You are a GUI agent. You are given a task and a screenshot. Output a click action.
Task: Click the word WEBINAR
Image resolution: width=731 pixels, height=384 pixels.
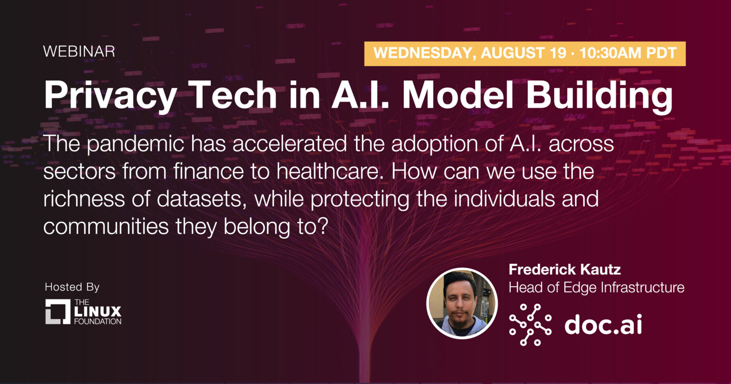coord(79,52)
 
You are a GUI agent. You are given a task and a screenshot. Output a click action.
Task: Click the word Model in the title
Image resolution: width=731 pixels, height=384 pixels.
coord(458,95)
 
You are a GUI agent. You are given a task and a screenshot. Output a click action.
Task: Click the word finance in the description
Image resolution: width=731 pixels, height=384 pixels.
coord(208,171)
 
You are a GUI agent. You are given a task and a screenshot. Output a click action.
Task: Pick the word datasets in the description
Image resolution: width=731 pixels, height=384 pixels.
coord(201,199)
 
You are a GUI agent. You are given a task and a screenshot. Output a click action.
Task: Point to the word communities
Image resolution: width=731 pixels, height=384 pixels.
coord(106,226)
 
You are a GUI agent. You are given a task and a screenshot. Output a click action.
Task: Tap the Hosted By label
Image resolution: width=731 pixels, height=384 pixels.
coord(72,288)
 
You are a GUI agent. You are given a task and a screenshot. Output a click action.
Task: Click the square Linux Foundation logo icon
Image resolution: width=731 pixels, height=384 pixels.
coord(58,312)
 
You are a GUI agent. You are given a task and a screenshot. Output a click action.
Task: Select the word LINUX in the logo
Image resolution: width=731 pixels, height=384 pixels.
coord(98,312)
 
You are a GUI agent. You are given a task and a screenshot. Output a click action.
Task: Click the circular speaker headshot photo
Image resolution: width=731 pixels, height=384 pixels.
coord(462,304)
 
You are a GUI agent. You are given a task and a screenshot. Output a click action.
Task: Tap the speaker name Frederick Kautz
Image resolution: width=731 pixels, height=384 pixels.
coord(565,269)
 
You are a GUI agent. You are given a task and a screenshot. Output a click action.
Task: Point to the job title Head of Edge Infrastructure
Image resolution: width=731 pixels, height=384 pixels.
coord(597,288)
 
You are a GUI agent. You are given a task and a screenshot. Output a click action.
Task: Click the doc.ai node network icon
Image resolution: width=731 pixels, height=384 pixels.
coord(530,325)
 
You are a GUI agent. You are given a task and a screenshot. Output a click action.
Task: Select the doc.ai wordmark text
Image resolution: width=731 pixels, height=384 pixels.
coord(603,324)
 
